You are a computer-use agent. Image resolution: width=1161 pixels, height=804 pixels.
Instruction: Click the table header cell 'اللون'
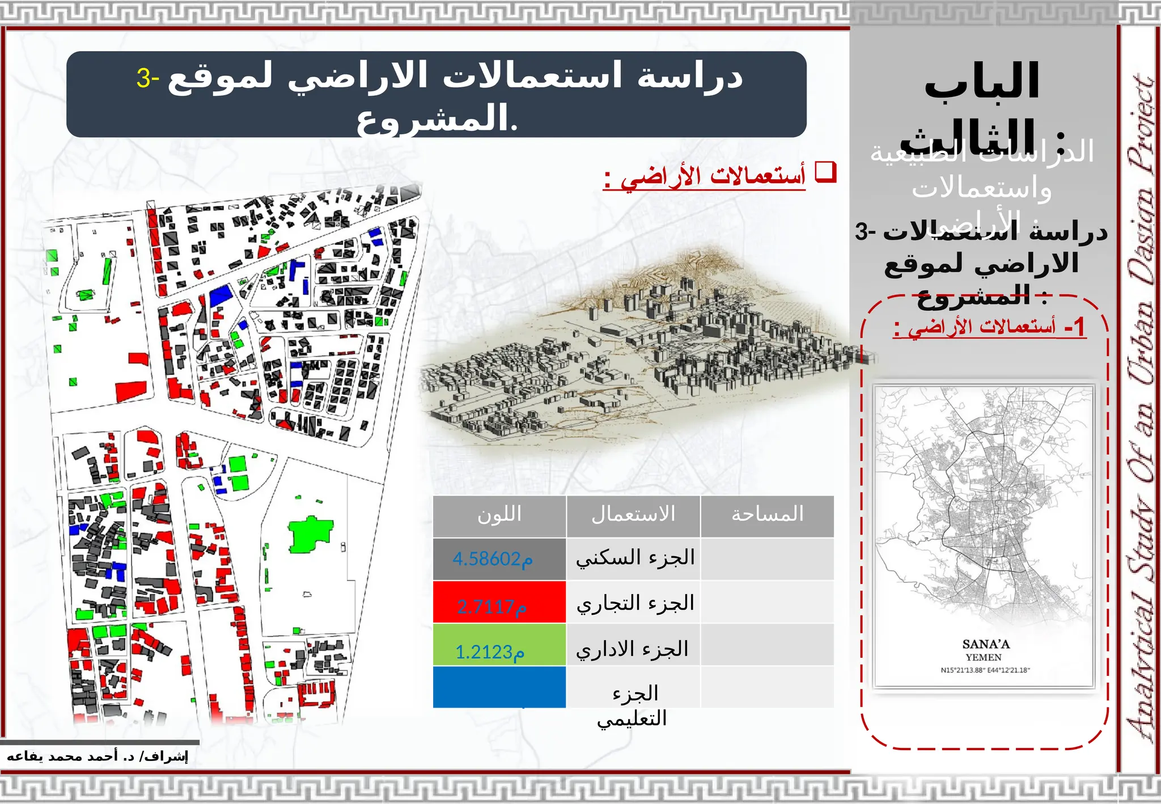(x=499, y=515)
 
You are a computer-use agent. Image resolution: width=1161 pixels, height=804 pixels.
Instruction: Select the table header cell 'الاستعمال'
(x=633, y=515)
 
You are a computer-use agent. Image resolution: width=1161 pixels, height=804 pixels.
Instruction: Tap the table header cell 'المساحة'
(x=767, y=515)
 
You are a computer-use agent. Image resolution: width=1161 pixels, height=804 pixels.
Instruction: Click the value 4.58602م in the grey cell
(x=492, y=559)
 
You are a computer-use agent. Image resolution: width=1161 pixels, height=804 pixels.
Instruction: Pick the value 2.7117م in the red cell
(x=491, y=607)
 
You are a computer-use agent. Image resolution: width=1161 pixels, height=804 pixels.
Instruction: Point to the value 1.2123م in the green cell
(x=490, y=651)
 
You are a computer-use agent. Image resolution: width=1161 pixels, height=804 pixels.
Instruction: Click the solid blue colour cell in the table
(x=499, y=687)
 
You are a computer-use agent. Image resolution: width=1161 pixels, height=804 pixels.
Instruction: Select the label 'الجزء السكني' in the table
(x=635, y=558)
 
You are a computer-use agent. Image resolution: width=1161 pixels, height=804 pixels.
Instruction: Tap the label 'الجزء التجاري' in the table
(x=635, y=603)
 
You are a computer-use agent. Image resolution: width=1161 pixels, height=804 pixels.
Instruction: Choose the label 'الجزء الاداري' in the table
(x=632, y=649)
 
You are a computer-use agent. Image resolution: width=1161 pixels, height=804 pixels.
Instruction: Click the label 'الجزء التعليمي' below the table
(x=633, y=706)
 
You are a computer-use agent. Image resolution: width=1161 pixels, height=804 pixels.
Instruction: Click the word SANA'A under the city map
(x=986, y=644)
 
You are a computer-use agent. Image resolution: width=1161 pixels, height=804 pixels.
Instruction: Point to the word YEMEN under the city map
(x=984, y=658)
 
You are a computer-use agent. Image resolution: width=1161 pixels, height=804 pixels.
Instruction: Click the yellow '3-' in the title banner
(x=147, y=78)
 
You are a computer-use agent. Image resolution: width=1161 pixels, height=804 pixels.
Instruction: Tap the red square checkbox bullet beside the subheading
(x=825, y=172)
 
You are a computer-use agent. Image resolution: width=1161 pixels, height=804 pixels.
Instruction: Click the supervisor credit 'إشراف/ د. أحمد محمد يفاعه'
(x=97, y=756)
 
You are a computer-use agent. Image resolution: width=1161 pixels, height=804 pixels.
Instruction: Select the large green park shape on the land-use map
(x=309, y=534)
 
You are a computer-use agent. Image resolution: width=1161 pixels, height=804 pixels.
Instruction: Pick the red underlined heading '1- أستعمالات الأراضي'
(x=989, y=328)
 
